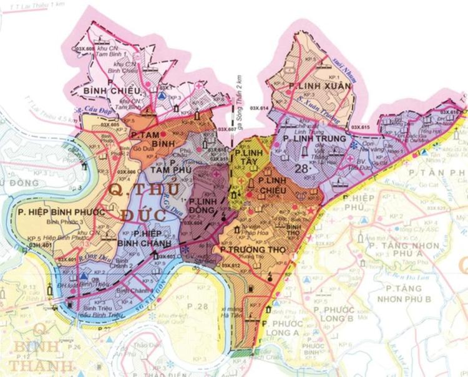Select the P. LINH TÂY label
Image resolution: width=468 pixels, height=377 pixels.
tap(248, 156)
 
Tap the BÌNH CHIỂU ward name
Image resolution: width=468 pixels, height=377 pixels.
tap(110, 92)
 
